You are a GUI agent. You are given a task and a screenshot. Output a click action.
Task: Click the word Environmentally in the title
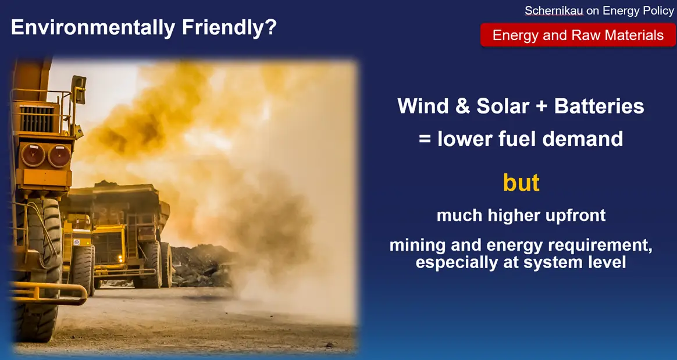coord(93,28)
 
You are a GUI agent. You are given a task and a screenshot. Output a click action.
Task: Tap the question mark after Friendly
coord(270,27)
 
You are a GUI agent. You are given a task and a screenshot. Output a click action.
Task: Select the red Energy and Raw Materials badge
coord(578,35)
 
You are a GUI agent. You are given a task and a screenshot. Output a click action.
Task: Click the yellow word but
coord(521,183)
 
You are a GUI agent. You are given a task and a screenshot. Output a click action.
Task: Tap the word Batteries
coord(599,106)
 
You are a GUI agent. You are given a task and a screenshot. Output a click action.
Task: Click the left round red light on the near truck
coord(33,155)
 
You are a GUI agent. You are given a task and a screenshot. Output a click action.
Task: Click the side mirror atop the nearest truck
coord(78,90)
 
